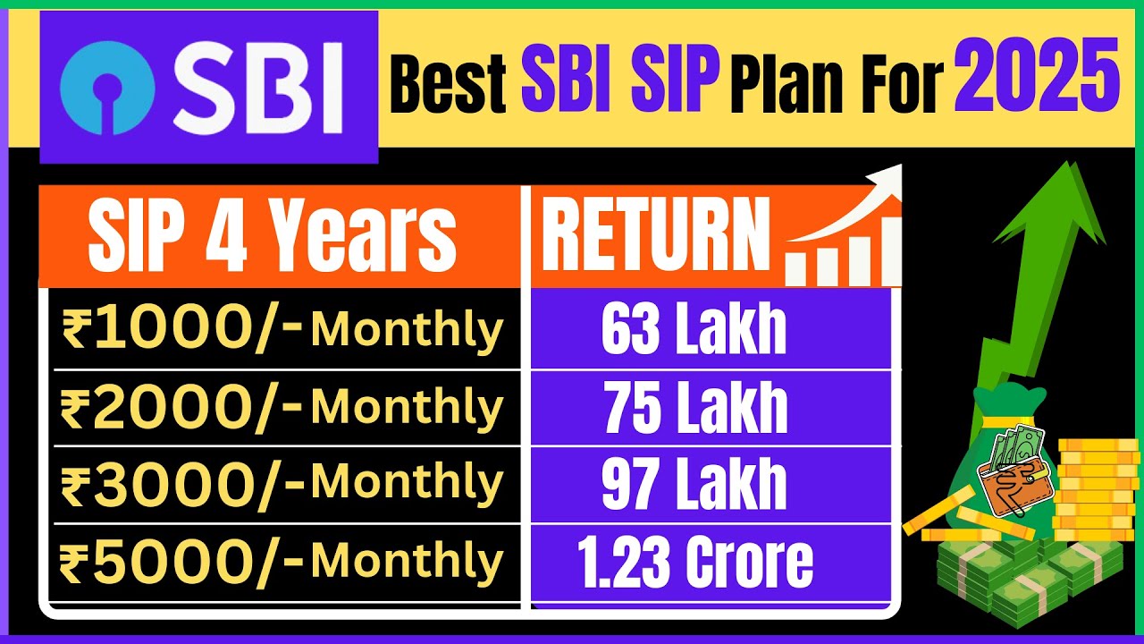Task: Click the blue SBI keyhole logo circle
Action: click(x=106, y=86)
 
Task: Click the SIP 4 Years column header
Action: click(x=272, y=236)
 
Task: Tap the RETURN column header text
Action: click(x=655, y=236)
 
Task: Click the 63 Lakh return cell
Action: click(x=694, y=329)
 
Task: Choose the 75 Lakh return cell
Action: click(x=695, y=408)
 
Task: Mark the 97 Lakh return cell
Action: click(x=694, y=484)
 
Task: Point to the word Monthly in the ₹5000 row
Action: click(x=407, y=562)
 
